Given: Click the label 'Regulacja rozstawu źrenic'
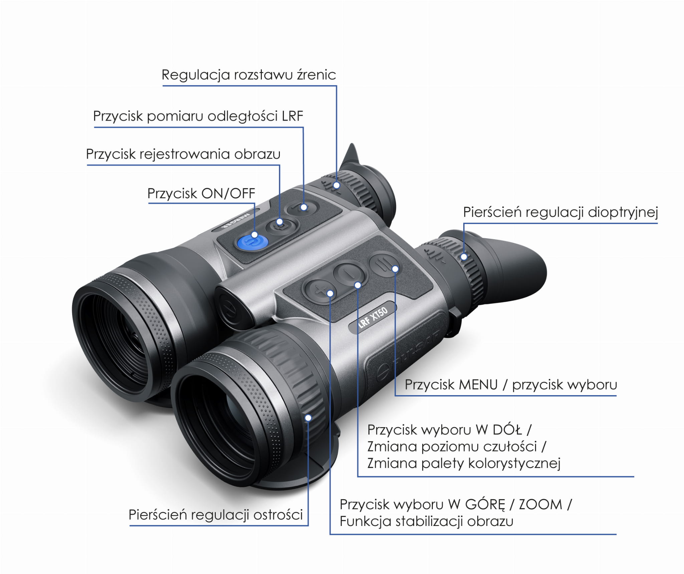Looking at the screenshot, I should (248, 75).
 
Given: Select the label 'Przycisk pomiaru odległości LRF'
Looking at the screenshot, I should (198, 116).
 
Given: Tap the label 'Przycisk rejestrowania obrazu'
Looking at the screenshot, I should (183, 154).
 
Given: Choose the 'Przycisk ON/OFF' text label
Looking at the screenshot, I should (201, 194).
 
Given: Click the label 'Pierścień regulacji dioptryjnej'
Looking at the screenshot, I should (560, 212).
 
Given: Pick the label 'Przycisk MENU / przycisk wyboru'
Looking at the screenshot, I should (511, 385).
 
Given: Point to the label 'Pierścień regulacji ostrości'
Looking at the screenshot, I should (215, 515).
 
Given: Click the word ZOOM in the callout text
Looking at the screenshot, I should (540, 504).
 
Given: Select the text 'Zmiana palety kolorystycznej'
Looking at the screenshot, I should (464, 463).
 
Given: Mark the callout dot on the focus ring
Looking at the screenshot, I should (308, 417).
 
